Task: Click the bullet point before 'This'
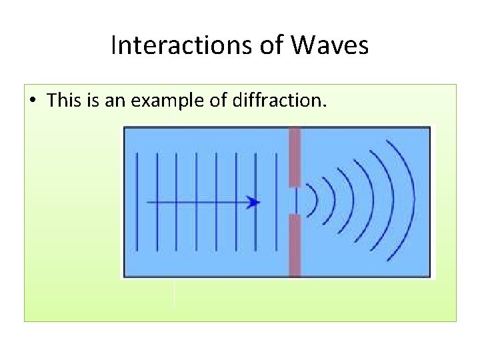(x=33, y=101)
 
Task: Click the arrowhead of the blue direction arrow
(x=253, y=202)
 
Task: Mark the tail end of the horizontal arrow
(x=148, y=202)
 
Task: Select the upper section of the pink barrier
(x=295, y=157)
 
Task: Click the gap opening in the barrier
(x=295, y=201)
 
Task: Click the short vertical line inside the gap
(x=296, y=201)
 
